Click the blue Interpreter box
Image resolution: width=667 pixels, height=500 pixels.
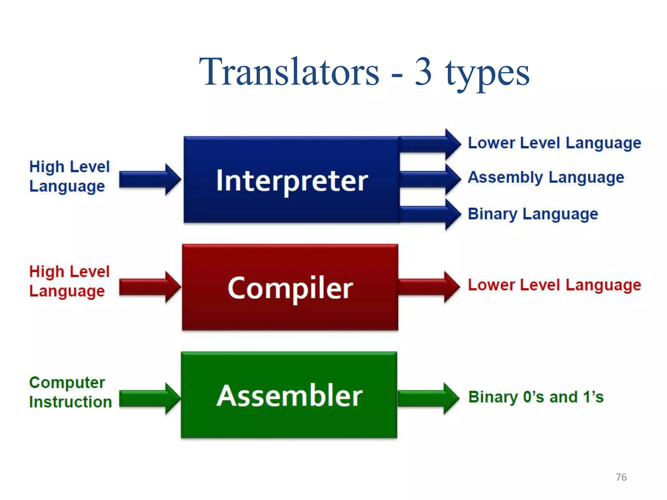coord(291,180)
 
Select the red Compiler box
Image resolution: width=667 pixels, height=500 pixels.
coord(290,287)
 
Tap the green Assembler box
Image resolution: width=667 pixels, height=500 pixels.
coord(289,395)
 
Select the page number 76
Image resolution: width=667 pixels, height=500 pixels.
coord(621,477)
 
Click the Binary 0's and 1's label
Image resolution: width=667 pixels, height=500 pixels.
coord(536,397)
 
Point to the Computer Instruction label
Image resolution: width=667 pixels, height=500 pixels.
coord(70,392)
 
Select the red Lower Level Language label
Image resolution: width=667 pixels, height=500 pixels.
coord(554,285)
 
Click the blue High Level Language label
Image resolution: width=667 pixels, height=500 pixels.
coord(69,176)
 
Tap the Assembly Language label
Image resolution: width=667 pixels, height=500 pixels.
coord(546,178)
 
